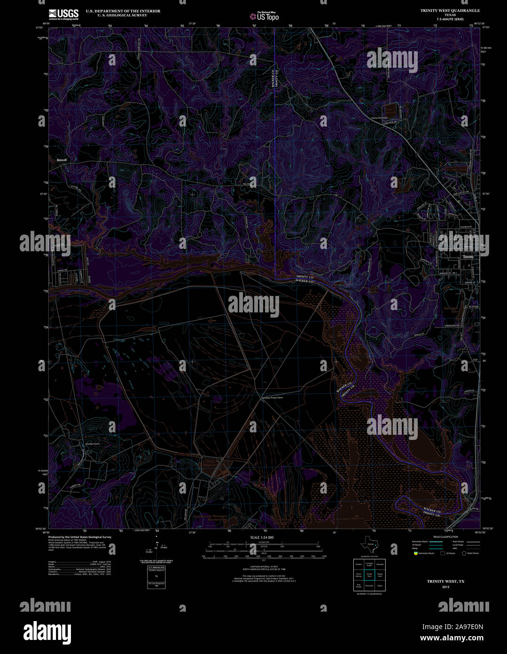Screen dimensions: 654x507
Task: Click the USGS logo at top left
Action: [x=63, y=14]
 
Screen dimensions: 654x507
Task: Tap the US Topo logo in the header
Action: [x=264, y=16]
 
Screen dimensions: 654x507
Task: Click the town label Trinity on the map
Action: [x=468, y=257]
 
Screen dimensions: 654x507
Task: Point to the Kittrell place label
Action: [x=62, y=160]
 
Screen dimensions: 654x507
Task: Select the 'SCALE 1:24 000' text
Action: [x=262, y=537]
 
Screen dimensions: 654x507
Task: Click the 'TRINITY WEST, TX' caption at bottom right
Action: [x=445, y=582]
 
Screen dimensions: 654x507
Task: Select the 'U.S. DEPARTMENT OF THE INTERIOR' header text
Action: [x=123, y=11]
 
